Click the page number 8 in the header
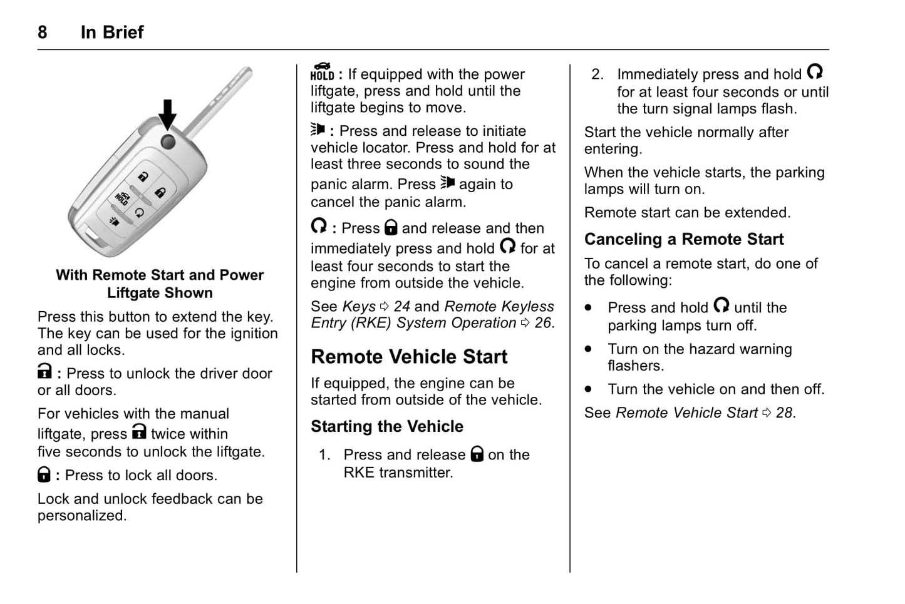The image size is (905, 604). click(42, 33)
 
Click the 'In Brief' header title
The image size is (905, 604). click(112, 33)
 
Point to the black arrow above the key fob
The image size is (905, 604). click(167, 114)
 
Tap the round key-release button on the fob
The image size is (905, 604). click(168, 141)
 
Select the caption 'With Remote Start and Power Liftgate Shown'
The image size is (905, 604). click(160, 284)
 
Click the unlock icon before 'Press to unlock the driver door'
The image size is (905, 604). click(44, 372)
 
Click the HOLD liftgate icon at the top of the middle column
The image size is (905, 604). click(322, 72)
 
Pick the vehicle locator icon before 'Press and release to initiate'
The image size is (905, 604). click(318, 130)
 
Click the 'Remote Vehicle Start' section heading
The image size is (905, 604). click(409, 357)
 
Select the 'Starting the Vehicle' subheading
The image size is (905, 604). click(387, 426)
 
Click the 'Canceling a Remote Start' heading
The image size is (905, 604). click(684, 239)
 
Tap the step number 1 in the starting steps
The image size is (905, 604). click(324, 455)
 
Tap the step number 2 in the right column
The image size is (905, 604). click(597, 74)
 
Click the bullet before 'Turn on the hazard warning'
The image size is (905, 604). click(588, 349)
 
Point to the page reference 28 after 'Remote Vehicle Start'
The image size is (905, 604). click(784, 413)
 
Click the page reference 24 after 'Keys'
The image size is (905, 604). click(401, 307)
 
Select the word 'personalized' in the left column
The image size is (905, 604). click(81, 516)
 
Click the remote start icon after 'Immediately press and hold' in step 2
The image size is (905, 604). click(815, 72)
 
